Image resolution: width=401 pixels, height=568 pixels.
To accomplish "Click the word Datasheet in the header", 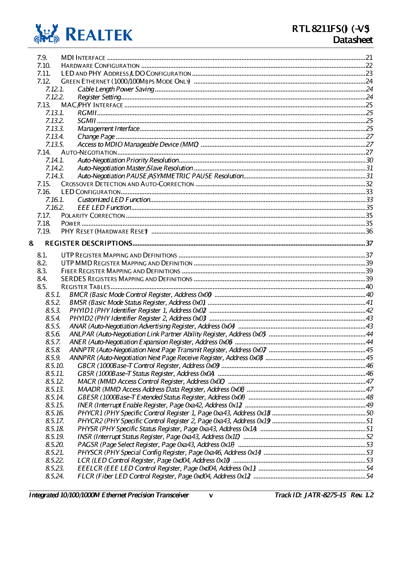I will click(352, 40).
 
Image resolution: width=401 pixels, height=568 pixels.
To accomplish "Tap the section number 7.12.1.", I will click(54, 89).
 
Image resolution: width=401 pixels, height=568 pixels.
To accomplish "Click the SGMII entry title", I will click(87, 121).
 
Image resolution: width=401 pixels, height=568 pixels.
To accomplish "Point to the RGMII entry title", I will click(87, 113).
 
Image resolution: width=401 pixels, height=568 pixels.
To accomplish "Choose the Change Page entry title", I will click(96, 137).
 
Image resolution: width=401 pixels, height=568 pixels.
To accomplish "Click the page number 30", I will click(369, 160).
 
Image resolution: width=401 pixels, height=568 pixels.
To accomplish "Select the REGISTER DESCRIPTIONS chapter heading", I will click(88, 243).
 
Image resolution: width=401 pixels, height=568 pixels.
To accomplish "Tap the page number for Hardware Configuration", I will click(369, 66).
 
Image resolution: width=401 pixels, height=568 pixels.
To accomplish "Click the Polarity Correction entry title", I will click(93, 216).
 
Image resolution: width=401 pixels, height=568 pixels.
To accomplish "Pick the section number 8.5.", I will click(42, 287).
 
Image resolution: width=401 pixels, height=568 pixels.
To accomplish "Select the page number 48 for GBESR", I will click(369, 397).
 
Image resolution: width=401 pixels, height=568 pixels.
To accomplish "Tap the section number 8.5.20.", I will click(54, 445).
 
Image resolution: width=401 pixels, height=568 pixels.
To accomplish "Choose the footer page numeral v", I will click(211, 495).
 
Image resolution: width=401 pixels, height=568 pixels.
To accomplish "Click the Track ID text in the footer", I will click(310, 495).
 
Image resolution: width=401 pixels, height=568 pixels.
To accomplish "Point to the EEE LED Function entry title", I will click(104, 208).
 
